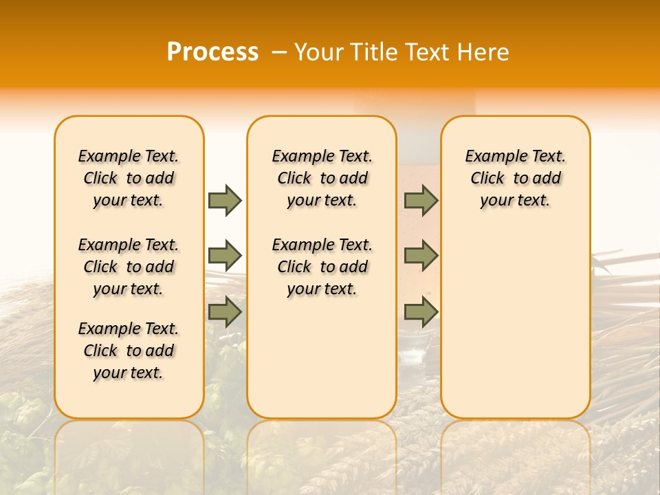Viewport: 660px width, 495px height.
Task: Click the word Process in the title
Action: tap(212, 52)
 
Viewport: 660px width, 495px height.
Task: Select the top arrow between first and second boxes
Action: tap(225, 200)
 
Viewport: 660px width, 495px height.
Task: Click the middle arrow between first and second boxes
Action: tap(225, 256)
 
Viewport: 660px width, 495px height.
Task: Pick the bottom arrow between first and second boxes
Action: tap(225, 312)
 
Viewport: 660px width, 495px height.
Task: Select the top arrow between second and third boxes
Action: tap(421, 200)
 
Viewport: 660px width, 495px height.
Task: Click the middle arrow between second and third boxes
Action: tap(421, 256)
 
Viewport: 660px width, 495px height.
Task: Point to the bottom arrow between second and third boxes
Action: tap(421, 312)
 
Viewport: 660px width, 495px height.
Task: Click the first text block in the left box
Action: tap(129, 178)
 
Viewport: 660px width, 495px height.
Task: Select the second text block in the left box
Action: tap(129, 267)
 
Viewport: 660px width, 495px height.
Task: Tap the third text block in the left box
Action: tap(129, 351)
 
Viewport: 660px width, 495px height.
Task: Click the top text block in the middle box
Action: tap(322, 178)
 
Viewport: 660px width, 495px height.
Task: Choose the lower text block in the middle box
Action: tap(322, 267)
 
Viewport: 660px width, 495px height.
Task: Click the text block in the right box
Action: tap(515, 178)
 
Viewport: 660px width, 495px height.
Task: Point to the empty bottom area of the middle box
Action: tap(322, 364)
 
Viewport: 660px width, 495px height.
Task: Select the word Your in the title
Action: tap(319, 52)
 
